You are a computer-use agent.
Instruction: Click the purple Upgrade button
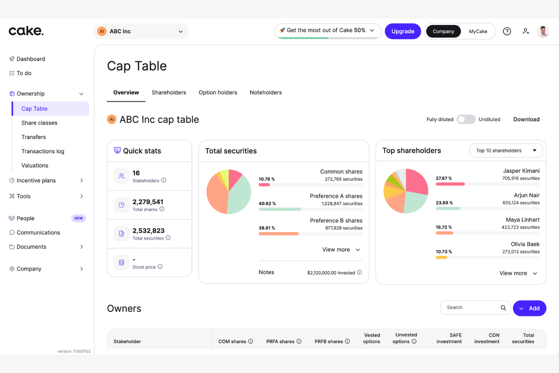click(403, 31)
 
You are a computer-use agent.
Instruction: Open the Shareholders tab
click(169, 93)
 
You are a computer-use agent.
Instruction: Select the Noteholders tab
click(266, 93)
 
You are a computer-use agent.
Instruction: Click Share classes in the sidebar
click(39, 123)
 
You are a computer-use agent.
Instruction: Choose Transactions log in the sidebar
click(43, 151)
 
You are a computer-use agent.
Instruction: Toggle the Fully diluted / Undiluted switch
click(466, 119)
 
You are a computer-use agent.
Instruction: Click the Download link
click(526, 119)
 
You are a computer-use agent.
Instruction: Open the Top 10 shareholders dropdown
click(506, 150)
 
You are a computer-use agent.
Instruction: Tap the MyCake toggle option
click(478, 31)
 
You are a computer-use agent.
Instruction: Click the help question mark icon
click(507, 31)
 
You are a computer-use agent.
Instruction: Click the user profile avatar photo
click(543, 31)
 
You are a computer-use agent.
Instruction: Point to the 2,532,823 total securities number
click(148, 231)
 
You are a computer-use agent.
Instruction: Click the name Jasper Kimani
click(521, 171)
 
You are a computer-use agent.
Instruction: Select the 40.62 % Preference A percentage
click(267, 204)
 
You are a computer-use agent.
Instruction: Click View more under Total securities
click(341, 249)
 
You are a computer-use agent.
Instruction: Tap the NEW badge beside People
click(79, 218)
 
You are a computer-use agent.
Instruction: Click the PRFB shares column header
click(329, 341)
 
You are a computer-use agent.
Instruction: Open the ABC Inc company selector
click(141, 31)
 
